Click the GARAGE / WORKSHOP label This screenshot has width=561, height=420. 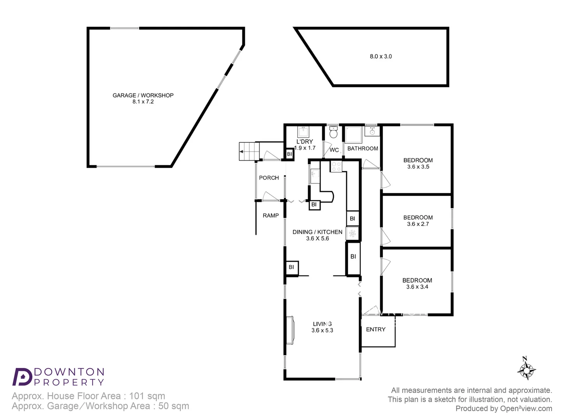(143, 95)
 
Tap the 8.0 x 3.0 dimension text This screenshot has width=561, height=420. (381, 56)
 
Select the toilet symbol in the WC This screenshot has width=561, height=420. (333, 133)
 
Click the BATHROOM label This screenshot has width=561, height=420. (362, 149)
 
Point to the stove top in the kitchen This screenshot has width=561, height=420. (336, 166)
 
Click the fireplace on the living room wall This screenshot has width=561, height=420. (290, 330)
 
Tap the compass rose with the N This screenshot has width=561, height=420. (526, 370)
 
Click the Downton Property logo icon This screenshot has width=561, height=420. (22, 376)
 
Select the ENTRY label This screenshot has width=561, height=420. (376, 329)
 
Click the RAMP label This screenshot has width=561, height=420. (270, 215)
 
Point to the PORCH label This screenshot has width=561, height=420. (269, 178)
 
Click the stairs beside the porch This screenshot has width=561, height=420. (249, 151)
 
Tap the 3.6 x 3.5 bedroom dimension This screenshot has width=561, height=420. (418, 167)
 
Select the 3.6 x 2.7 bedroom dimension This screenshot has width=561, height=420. (418, 224)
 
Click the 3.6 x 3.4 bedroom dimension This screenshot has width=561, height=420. (417, 287)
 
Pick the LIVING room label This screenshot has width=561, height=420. (322, 324)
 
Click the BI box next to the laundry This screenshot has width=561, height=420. (289, 154)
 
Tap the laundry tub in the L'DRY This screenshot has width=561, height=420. (303, 131)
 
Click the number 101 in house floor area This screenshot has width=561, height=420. (136, 396)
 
